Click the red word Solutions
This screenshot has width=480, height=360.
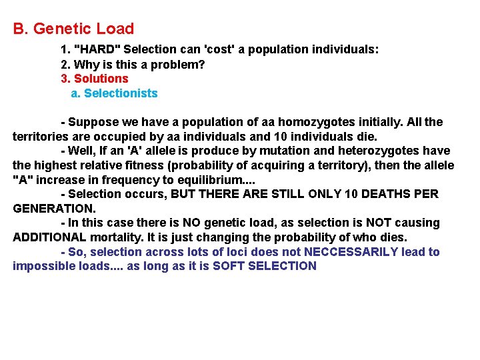pyautogui.click(x=101, y=79)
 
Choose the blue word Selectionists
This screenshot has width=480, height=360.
pyautogui.click(x=121, y=93)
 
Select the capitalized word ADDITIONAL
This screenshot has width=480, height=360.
pyautogui.click(x=49, y=237)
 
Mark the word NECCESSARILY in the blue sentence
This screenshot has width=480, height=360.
pyautogui.click(x=357, y=252)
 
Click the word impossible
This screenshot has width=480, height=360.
pyautogui.click(x=41, y=266)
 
